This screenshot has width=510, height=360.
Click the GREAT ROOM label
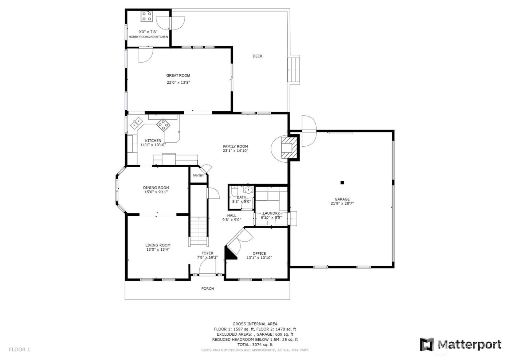(178, 76)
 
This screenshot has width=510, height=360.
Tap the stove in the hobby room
(147, 16)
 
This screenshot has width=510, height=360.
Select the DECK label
(258, 56)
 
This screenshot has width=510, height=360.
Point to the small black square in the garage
(342, 182)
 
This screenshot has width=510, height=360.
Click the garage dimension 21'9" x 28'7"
(342, 204)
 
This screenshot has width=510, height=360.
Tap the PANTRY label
(198, 176)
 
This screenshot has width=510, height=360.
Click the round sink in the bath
(248, 190)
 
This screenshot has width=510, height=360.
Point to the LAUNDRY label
(271, 213)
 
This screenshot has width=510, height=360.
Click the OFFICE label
(259, 253)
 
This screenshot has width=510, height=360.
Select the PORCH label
(208, 289)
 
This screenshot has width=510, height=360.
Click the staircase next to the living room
(199, 229)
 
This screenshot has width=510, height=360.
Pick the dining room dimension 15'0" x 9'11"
(156, 192)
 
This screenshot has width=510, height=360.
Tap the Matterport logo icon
(427, 344)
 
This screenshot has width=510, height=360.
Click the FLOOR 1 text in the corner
(20, 349)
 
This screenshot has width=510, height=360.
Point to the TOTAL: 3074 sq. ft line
(255, 344)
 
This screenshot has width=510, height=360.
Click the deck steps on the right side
(294, 70)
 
